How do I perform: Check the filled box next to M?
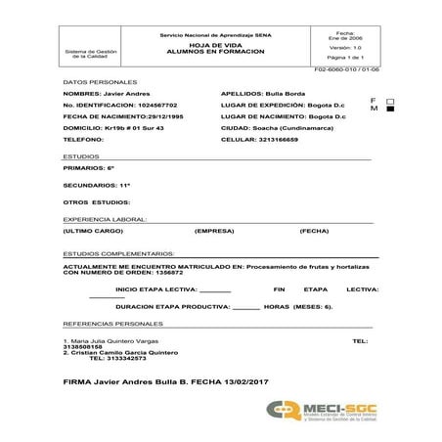pos(390,110)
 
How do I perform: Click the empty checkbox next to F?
pos(390,101)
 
